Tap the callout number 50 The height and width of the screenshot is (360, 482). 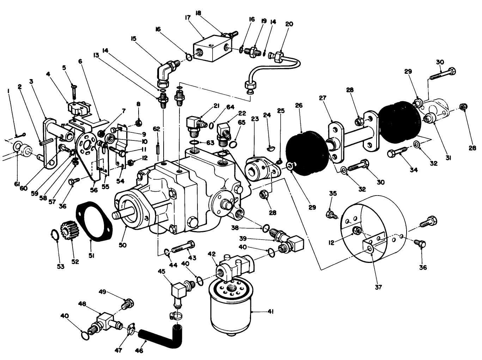(x=123, y=245)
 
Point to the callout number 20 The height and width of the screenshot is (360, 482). (x=289, y=24)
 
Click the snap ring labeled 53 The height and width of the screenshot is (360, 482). (x=54, y=236)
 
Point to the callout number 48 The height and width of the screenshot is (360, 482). (x=82, y=304)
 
